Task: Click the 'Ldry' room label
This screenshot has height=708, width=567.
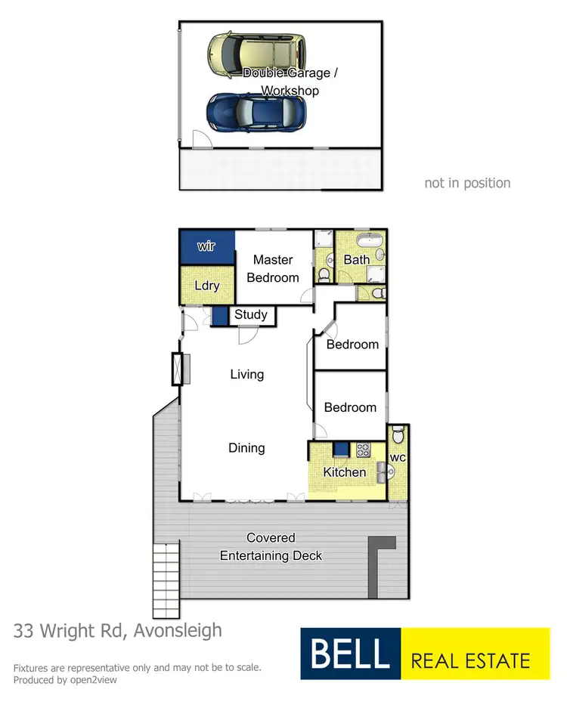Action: coord(206,286)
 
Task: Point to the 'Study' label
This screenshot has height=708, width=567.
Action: coord(250,314)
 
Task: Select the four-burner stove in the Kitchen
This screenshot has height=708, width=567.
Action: coord(364,450)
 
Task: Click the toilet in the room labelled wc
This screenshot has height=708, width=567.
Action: coord(398,436)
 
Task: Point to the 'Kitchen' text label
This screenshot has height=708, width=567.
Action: coord(345,472)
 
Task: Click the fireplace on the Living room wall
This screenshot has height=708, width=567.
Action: coord(178,369)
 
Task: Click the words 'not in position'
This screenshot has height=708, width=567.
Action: coord(467,183)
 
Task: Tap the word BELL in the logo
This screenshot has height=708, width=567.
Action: coord(350,654)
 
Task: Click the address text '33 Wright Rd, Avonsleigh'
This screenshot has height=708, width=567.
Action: coord(118,629)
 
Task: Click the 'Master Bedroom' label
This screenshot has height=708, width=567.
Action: coord(273,269)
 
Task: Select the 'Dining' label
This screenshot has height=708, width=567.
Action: coord(246,448)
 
